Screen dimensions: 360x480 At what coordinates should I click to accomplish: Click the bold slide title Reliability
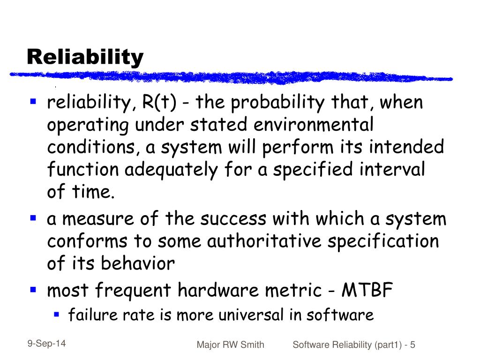pyautogui.click(x=85, y=57)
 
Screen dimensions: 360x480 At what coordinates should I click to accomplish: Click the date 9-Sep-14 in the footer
pyautogui.click(x=46, y=344)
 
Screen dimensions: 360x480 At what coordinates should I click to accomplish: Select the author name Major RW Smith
pyautogui.click(x=230, y=345)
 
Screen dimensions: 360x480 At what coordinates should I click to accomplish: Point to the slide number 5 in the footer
pyautogui.click(x=412, y=345)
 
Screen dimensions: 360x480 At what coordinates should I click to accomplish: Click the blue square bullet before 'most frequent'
pyautogui.click(x=33, y=289)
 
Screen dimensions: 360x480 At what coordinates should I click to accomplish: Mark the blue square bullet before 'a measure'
pyautogui.click(x=33, y=217)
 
